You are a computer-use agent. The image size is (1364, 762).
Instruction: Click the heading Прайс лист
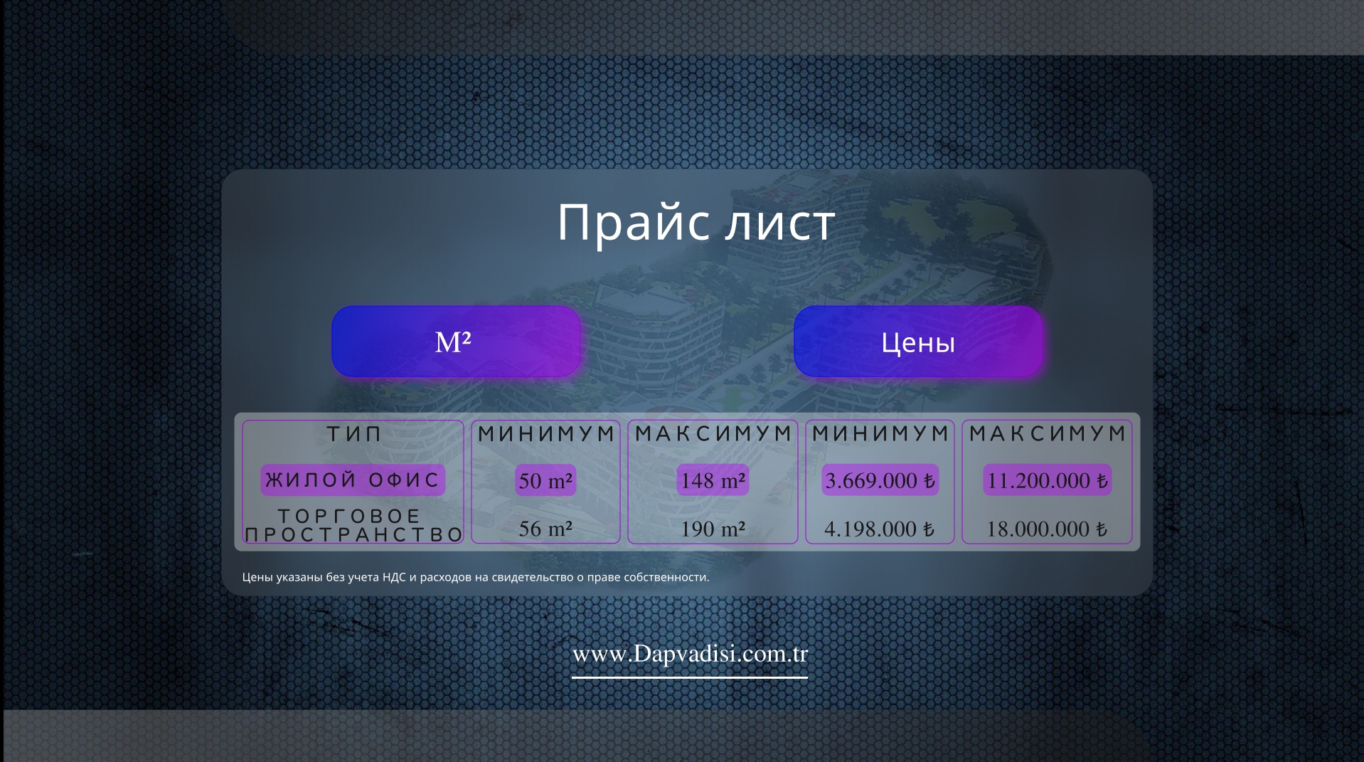coord(696,223)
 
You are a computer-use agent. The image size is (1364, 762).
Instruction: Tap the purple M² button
coord(456,342)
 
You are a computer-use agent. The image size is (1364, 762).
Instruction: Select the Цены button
coord(918,342)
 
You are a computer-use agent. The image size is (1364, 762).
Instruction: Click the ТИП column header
coord(353,433)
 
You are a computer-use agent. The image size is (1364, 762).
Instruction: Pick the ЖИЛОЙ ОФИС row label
coord(353,480)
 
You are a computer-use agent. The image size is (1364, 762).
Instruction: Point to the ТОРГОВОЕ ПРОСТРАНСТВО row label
coord(353,525)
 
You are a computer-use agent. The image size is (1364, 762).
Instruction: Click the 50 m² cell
coord(545,481)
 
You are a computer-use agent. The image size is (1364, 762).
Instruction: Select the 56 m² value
coord(545,529)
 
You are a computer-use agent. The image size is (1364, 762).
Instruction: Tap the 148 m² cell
coord(713,481)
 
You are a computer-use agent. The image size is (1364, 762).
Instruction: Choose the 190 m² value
coord(713,529)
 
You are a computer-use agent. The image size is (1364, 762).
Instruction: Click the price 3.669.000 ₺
coord(880,481)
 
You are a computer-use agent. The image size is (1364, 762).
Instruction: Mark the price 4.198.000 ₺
coord(880,529)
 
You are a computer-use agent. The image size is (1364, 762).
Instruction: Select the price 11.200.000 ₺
coord(1048,481)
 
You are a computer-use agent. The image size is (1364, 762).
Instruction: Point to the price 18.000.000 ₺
coord(1047,529)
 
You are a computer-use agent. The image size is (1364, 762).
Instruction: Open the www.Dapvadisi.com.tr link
coord(690,654)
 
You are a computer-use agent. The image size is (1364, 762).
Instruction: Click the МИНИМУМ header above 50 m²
coord(545,433)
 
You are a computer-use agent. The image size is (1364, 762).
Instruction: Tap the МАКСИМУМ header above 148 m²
coord(713,433)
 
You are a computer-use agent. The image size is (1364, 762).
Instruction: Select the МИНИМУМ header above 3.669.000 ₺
coord(880,433)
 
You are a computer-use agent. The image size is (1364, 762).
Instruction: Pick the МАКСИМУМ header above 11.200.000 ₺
coord(1047,433)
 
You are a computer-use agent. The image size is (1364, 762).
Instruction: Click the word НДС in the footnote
coord(394,577)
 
